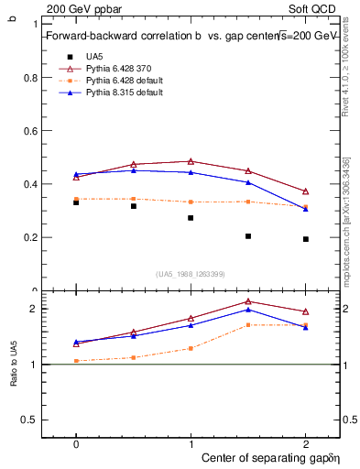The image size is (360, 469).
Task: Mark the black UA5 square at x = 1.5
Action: tap(248, 236)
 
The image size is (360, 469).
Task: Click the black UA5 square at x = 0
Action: tap(76, 202)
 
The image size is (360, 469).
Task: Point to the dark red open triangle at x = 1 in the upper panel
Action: tap(191, 161)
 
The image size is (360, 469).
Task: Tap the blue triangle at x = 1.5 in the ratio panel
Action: tap(248, 310)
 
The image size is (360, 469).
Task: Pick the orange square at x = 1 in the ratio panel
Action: tap(191, 348)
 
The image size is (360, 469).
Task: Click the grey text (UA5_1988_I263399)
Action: tap(191, 274)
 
